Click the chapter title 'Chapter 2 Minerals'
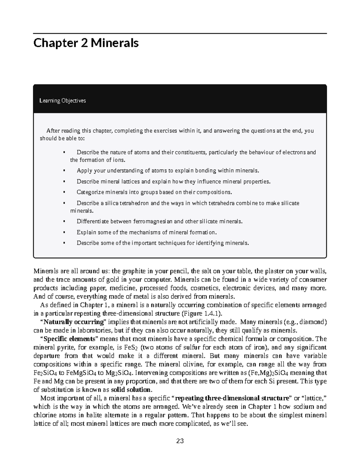pyautogui.click(x=86, y=43)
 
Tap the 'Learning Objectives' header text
pyautogui.click(x=63, y=101)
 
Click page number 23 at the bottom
pyautogui.click(x=180, y=441)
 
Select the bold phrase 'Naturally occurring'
pyautogui.click(x=74, y=322)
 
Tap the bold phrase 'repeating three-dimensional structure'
pyautogui.click(x=233, y=398)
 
